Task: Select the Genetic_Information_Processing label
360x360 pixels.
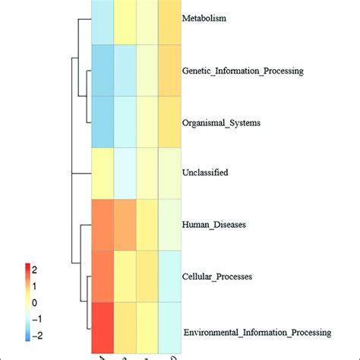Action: (x=243, y=71)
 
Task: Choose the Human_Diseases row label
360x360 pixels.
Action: (x=212, y=224)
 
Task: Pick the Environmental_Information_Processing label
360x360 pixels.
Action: (x=257, y=333)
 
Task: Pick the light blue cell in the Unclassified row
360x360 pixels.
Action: (x=125, y=173)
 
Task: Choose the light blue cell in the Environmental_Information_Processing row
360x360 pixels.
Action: (x=169, y=327)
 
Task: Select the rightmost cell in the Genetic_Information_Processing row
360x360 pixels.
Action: (x=169, y=71)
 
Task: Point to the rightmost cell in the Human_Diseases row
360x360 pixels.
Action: (x=169, y=225)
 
